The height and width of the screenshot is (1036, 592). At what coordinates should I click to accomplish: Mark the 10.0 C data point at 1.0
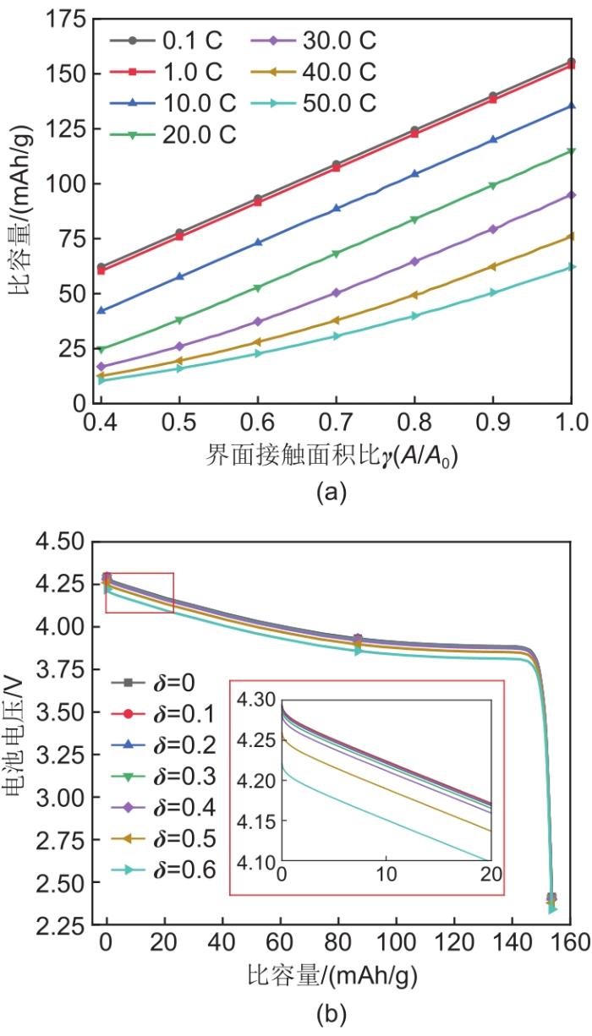click(572, 106)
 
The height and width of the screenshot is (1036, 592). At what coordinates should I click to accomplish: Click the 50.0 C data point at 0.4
click(101, 380)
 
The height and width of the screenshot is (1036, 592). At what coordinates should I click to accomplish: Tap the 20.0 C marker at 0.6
click(258, 288)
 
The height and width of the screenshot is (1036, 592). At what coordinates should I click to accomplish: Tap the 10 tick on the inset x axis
click(386, 873)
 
